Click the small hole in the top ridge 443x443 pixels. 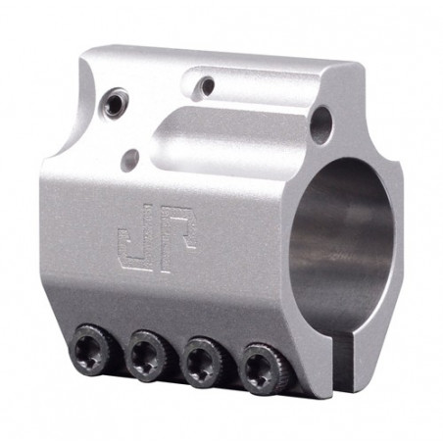pyautogui.click(x=206, y=86)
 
